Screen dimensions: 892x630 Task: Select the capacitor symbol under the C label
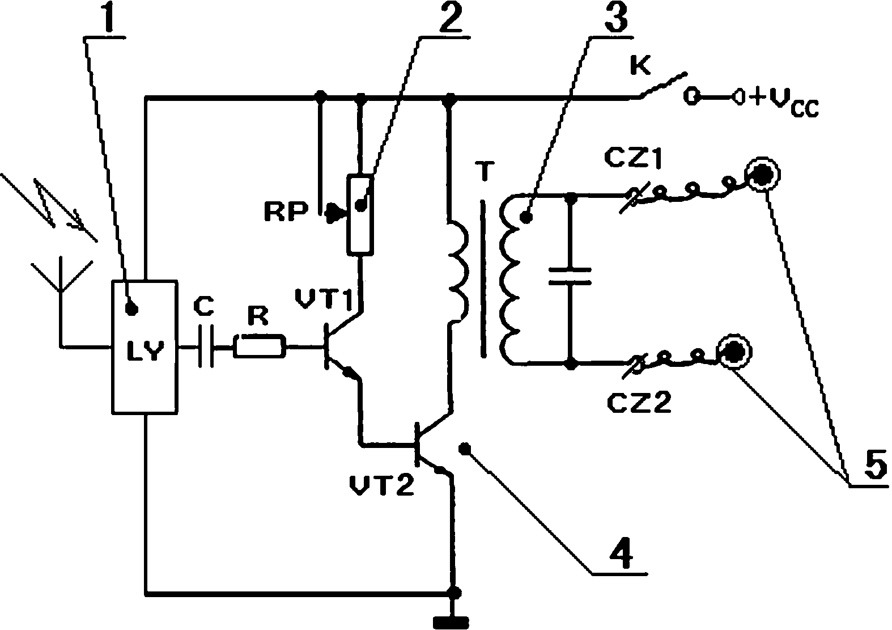click(x=206, y=346)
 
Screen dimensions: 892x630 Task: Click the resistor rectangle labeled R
click(x=259, y=346)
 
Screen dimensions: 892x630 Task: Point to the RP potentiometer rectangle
click(x=360, y=214)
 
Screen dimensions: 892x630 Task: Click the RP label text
click(x=286, y=212)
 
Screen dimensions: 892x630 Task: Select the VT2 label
click(x=381, y=485)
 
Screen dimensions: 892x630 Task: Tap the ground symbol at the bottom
click(x=451, y=621)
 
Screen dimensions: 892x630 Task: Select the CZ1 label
click(x=633, y=159)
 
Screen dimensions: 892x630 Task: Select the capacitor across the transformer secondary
click(x=570, y=277)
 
